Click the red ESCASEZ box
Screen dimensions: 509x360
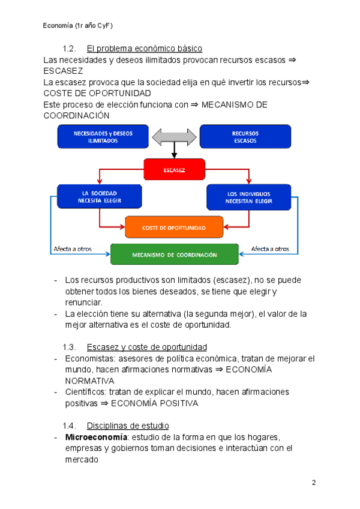coord(175,170)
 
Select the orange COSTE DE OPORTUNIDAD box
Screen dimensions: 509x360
coord(174,227)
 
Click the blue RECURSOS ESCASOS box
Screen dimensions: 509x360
coord(245,137)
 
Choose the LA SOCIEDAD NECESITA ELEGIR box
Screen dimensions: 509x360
coord(99,197)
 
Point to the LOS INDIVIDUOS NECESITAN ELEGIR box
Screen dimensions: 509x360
coord(249,197)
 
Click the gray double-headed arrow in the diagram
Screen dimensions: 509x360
coord(175,137)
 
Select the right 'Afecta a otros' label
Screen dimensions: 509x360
coord(270,248)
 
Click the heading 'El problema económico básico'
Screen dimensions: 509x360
coord(145,48)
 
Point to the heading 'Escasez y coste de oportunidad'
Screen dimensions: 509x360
coord(147,347)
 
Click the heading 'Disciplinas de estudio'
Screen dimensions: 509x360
coord(128,426)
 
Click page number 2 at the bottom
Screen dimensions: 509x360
coord(313,483)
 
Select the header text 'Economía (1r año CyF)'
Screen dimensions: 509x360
coord(79,26)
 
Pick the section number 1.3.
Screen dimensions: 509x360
coord(70,347)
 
